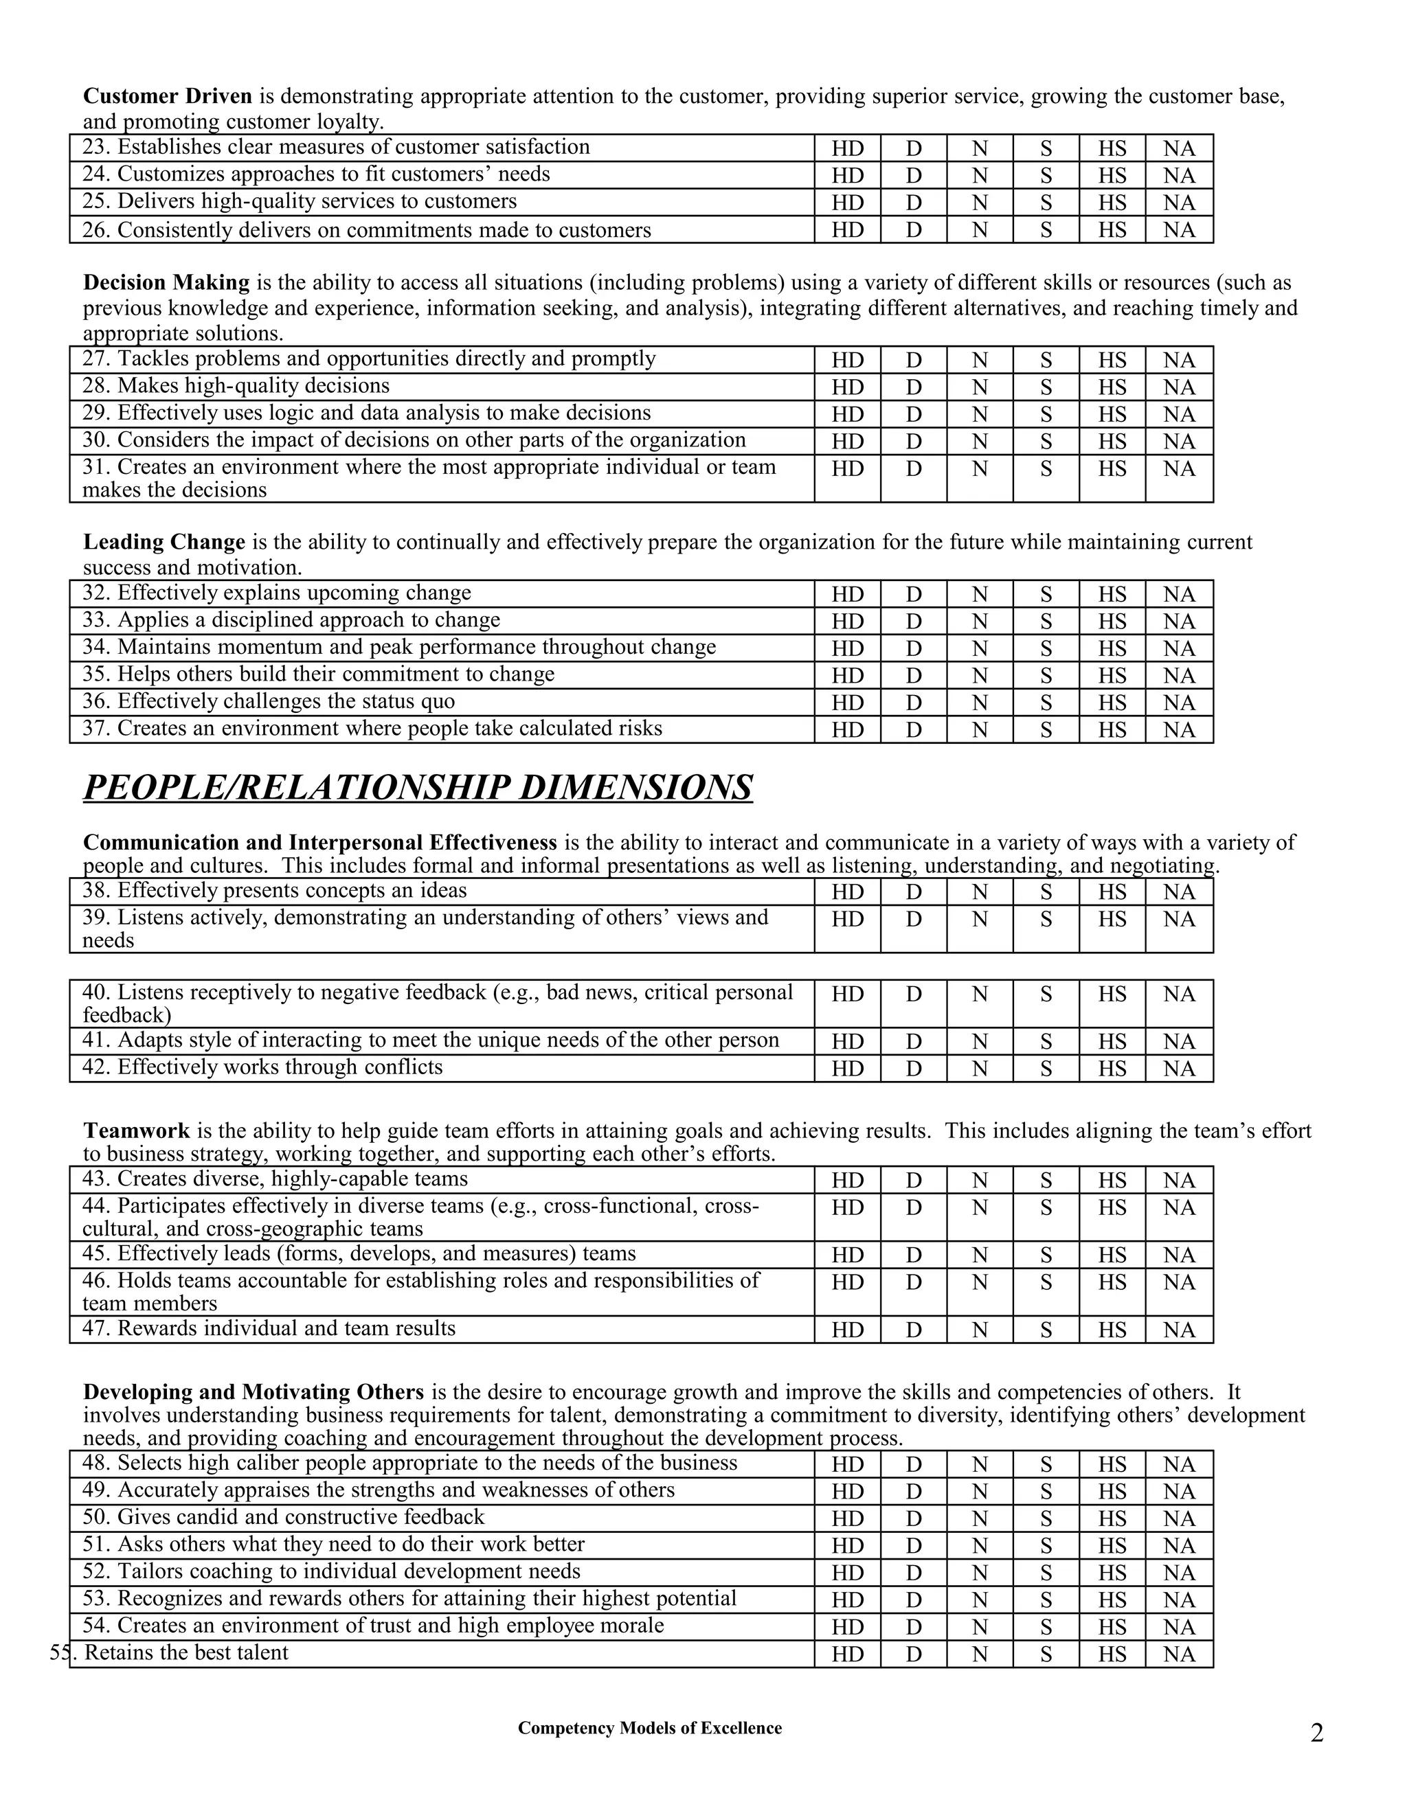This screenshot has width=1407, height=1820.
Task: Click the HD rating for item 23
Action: coord(847,149)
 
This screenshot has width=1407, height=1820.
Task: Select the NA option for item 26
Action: coord(1179,230)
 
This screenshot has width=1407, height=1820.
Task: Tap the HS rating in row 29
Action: coord(1112,414)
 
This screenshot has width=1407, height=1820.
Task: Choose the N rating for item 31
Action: coord(980,469)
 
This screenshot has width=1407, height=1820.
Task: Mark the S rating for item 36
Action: coord(1046,703)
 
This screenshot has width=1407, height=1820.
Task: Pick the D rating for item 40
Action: coord(914,994)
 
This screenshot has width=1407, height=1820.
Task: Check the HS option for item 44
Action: coord(1112,1207)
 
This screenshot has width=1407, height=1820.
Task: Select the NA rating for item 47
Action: coord(1179,1330)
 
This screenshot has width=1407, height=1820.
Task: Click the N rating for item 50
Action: coord(980,1518)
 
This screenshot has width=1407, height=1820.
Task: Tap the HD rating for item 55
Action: coord(847,1654)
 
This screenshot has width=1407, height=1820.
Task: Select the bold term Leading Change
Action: coord(164,543)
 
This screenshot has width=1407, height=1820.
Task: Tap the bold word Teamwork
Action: coord(136,1131)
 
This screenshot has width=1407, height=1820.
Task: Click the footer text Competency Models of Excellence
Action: coord(649,1729)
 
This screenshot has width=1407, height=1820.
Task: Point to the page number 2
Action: coord(1317,1733)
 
